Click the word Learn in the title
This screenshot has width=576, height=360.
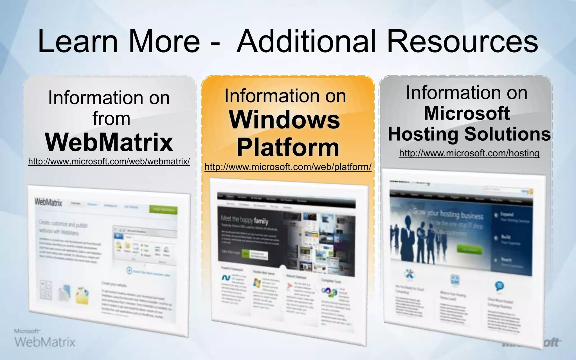point(78,42)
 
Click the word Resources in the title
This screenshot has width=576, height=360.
point(462,42)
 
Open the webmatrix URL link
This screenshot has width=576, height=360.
point(109,161)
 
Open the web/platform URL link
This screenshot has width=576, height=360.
point(288,167)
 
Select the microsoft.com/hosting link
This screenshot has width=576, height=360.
point(469,153)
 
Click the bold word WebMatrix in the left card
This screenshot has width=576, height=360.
point(109,142)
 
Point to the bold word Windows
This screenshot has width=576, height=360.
point(285,120)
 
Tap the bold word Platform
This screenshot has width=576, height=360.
point(288,148)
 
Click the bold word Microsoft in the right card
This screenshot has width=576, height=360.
point(467,113)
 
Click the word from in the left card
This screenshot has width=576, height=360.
point(111,118)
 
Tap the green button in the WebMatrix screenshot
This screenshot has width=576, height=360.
point(163,210)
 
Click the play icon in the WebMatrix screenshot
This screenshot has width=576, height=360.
point(129,271)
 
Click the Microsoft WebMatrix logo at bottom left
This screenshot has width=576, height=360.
point(45,339)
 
